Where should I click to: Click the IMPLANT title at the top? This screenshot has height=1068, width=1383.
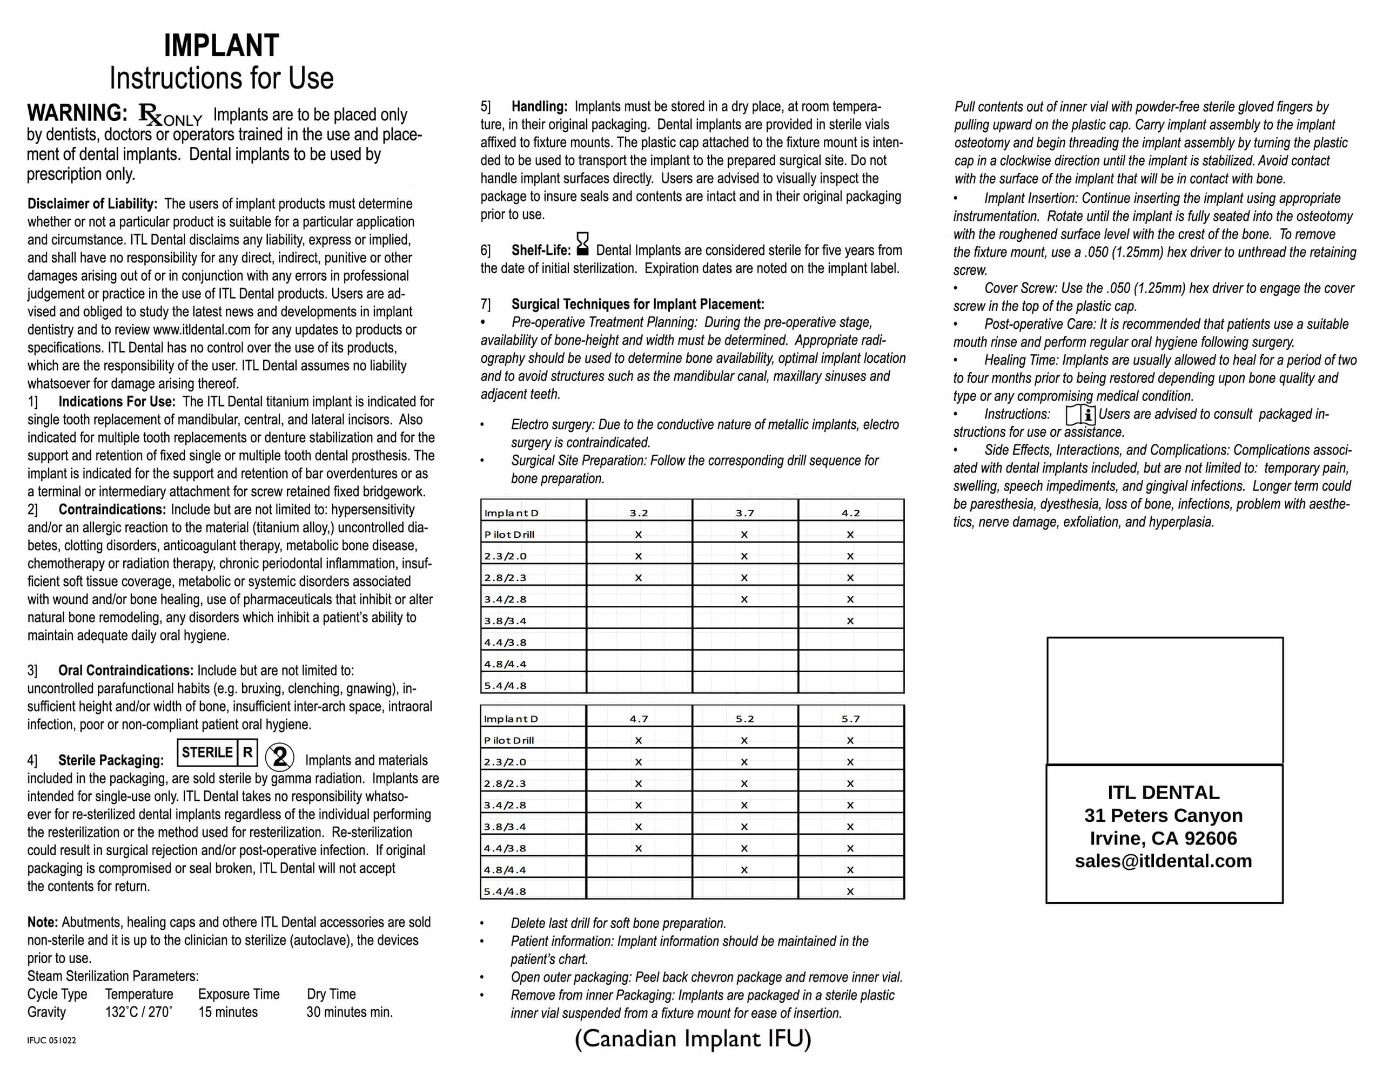(221, 45)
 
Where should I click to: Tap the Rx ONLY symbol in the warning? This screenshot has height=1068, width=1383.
(170, 115)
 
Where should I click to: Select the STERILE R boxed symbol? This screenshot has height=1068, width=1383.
(217, 753)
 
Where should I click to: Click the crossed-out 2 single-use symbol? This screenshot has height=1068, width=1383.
(279, 756)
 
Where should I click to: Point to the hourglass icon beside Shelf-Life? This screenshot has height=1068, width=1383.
(582, 244)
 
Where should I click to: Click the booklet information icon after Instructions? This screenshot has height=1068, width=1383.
(1080, 415)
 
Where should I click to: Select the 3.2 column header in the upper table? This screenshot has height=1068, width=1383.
(639, 513)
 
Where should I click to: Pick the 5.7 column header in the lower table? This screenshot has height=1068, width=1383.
(850, 719)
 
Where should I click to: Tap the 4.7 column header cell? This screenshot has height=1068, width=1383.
(639, 719)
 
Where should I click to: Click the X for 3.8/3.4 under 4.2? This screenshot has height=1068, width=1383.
(850, 621)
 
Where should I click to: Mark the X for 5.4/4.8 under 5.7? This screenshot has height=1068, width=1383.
(850, 891)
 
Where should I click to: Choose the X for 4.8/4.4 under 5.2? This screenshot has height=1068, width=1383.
(744, 870)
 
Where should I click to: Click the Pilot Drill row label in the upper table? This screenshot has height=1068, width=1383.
(509, 535)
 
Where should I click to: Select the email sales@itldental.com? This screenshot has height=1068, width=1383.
(1163, 861)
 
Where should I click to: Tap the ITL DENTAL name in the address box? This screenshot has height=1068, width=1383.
(1163, 793)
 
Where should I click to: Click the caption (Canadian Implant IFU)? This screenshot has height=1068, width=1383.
(693, 1038)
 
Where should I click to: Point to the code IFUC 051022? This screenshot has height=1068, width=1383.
(51, 1040)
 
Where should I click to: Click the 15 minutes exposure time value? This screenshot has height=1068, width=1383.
(228, 1012)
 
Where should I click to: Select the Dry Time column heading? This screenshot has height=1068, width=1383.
(331, 994)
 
